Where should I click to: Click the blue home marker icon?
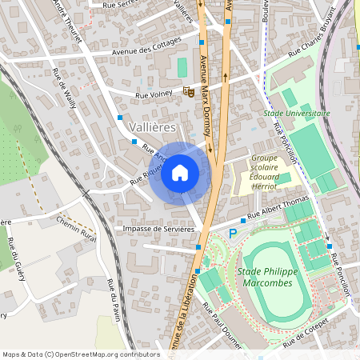click(x=180, y=172)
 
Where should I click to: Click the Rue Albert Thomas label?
click(x=278, y=209)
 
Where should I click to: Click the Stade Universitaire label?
click(x=296, y=114)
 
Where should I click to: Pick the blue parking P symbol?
click(x=234, y=233)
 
